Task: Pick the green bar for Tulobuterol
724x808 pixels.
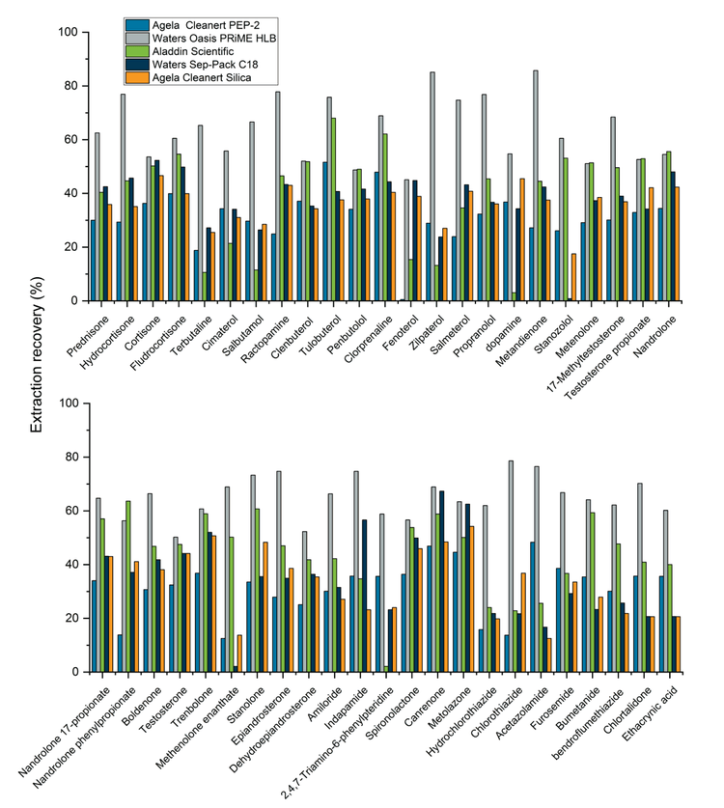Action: click(333, 209)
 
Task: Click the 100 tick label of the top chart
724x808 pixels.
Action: click(67, 32)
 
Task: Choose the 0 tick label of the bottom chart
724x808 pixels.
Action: click(73, 672)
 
